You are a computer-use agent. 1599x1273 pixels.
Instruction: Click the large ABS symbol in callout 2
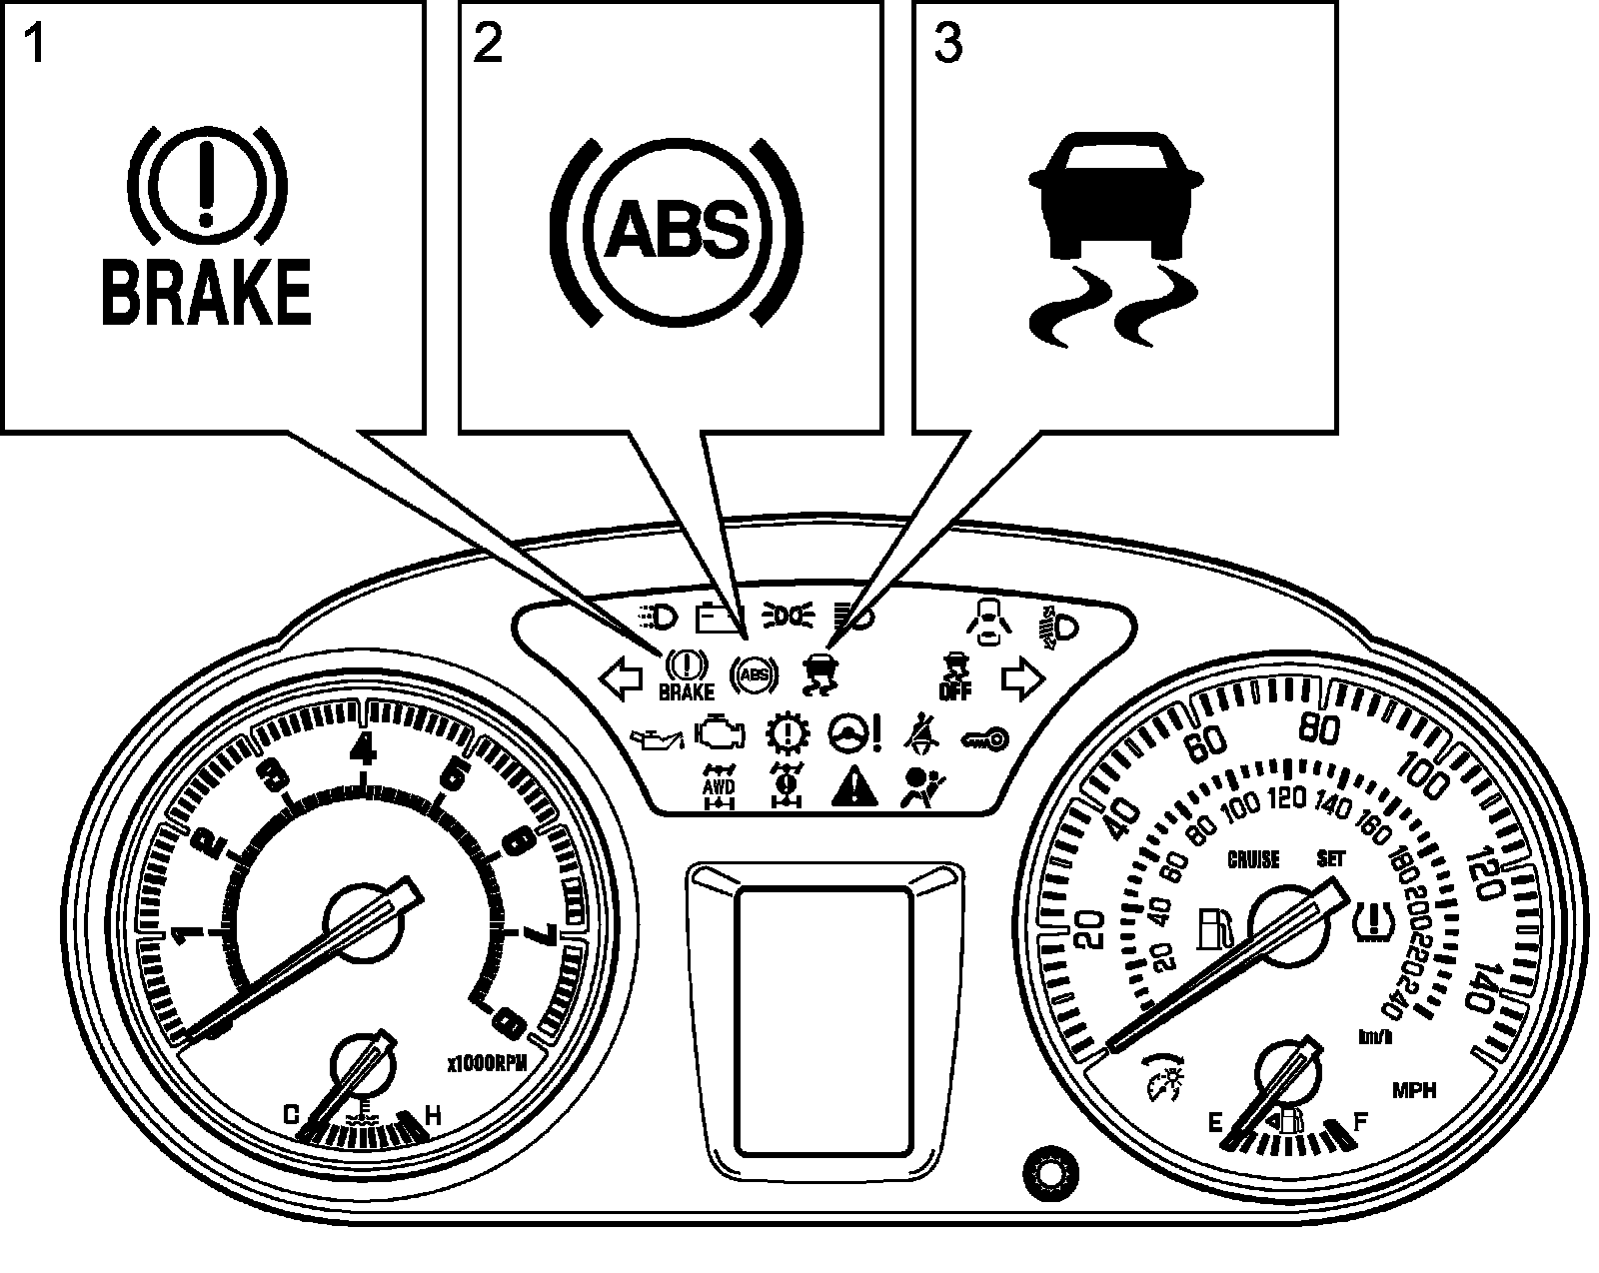tap(677, 231)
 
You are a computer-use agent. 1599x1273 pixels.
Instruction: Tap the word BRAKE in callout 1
tap(206, 292)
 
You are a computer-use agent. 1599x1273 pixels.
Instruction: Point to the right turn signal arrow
tap(1022, 679)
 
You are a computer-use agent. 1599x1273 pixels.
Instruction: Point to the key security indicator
tap(985, 739)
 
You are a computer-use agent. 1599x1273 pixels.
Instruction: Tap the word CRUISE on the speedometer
tap(1254, 859)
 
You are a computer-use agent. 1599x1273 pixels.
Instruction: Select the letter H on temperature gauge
tap(434, 1115)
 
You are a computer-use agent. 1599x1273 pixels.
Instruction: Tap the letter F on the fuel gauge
tap(1359, 1122)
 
